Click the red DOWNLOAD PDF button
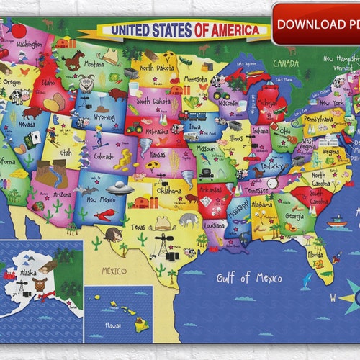click(x=317, y=24)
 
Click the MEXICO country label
click(x=114, y=271)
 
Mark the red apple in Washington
click(x=18, y=31)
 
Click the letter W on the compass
click(x=333, y=297)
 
